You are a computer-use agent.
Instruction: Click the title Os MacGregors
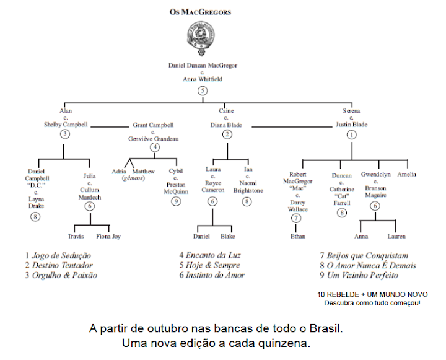(x=202, y=11)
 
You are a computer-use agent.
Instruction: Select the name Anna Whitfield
(x=203, y=79)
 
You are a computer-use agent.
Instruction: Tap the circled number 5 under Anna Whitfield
(x=203, y=90)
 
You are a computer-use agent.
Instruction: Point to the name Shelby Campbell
(x=66, y=124)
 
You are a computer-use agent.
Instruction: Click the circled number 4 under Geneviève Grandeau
(x=155, y=147)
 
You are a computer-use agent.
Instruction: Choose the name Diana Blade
(x=225, y=124)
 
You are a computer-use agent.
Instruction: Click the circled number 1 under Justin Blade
(x=351, y=134)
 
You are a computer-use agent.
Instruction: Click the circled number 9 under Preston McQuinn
(x=177, y=201)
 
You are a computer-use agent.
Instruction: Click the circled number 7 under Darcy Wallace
(x=296, y=217)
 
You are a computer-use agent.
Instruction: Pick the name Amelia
(x=407, y=175)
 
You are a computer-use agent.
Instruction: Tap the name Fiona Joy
(x=108, y=236)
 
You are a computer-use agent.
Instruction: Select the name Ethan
(x=297, y=236)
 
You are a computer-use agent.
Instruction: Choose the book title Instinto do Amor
(x=215, y=275)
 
